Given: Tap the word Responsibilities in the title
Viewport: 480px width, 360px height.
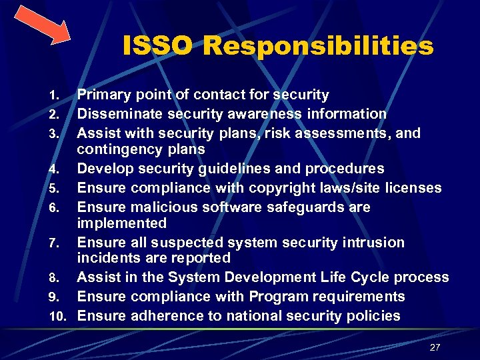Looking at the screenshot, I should click(318, 47).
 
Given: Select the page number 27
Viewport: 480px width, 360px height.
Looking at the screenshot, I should click(435, 347).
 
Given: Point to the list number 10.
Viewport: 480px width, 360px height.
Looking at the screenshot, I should click(59, 317).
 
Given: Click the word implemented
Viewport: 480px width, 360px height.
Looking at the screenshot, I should click(122, 223).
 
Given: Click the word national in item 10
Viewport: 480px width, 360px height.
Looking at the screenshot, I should click(255, 316).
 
